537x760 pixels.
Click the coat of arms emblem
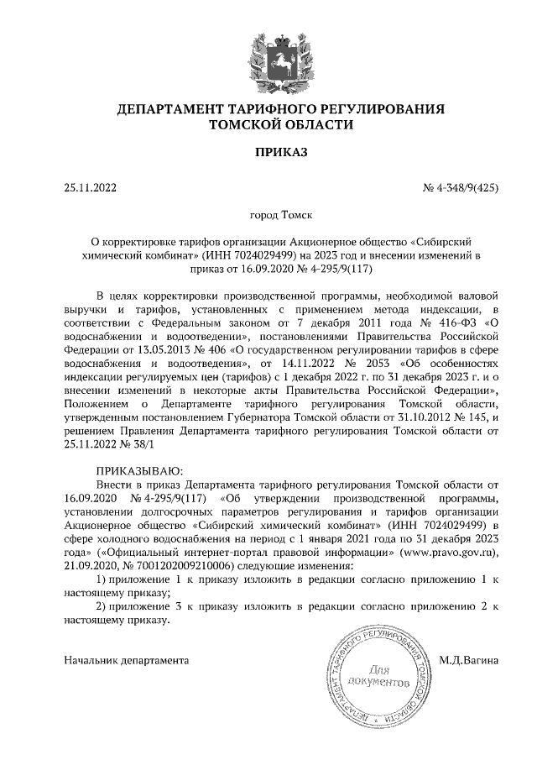268,52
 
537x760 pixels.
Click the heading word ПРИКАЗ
268,152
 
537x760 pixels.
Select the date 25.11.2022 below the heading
91,188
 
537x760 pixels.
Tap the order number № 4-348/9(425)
461,188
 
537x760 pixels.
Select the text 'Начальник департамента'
126,661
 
